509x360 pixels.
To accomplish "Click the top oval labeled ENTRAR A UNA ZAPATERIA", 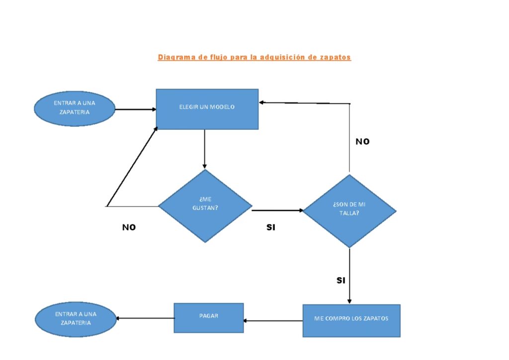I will (75, 108).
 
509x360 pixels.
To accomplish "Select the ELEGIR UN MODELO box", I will (207, 109).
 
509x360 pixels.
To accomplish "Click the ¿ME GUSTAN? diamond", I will (205, 206).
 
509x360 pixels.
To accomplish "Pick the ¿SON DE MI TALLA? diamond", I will (349, 211).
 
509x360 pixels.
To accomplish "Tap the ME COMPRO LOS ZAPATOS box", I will (351, 320).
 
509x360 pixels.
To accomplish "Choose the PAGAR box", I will (208, 318).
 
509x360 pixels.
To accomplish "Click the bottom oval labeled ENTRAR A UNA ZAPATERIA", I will (76, 319).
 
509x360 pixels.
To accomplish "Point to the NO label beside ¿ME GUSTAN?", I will (129, 227).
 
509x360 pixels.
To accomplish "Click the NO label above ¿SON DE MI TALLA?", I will (362, 142).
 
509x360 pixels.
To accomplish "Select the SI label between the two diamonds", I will (271, 227).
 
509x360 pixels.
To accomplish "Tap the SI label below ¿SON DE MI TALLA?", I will (340, 280).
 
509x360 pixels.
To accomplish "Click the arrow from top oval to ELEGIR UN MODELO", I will (135, 109).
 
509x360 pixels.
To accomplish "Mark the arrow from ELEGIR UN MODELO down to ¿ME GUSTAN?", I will (204, 149).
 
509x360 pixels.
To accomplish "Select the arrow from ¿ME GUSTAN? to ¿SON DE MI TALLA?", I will (277, 210).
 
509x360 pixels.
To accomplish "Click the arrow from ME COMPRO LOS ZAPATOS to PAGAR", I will (273, 321).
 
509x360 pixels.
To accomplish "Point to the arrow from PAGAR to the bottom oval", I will (145, 318).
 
